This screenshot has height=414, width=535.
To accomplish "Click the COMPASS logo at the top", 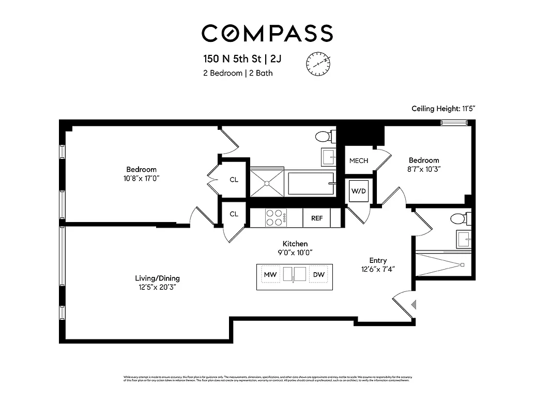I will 267,33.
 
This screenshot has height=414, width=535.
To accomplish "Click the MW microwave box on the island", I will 269,274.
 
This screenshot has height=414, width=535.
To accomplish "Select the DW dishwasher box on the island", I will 318,274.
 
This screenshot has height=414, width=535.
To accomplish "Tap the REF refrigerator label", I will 317,218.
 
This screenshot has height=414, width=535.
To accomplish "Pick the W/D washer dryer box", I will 358,191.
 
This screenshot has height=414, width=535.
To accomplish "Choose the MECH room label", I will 358,161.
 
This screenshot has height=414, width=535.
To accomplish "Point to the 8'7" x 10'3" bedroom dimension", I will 424,169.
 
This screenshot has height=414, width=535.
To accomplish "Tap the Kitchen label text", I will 295,244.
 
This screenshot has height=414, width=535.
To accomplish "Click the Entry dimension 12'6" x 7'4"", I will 377,269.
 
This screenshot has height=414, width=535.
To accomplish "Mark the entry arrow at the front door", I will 412,305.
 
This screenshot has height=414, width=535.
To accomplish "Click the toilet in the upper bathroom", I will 323,137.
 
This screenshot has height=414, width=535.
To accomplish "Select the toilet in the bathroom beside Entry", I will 458,218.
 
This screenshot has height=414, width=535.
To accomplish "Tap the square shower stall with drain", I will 267,182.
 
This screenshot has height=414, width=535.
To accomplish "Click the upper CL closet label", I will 234,180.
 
